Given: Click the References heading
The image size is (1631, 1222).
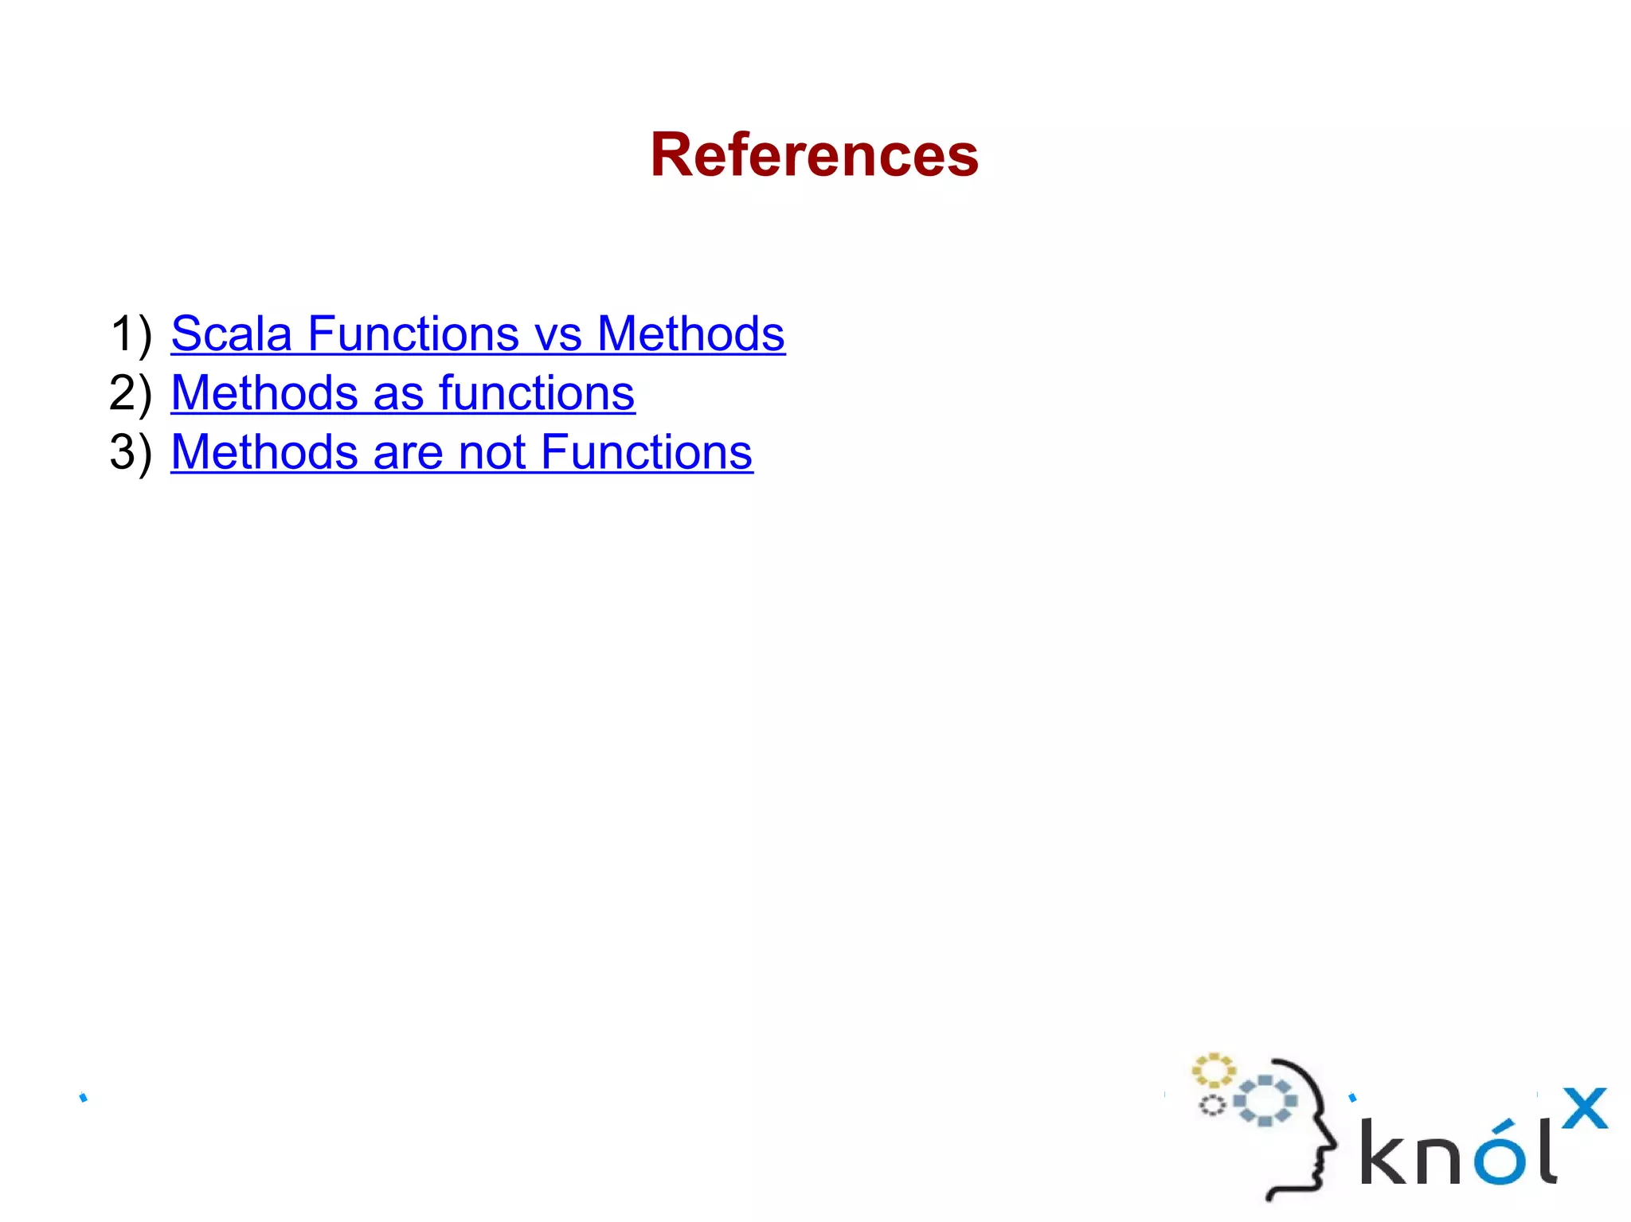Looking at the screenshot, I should (x=814, y=154).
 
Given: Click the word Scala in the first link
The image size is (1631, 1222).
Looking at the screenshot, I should (x=231, y=334).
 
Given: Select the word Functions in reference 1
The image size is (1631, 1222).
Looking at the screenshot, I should (x=413, y=334).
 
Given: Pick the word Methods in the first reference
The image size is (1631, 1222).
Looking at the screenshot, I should (x=690, y=334).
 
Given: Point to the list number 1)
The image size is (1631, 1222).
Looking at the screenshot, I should (x=131, y=334).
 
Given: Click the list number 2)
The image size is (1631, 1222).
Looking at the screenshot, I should (x=131, y=393).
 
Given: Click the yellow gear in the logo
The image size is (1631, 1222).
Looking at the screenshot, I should (x=1212, y=1071).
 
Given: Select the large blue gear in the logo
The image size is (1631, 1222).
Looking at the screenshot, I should (x=1265, y=1101).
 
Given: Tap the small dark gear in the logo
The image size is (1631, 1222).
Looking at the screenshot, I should (x=1212, y=1105).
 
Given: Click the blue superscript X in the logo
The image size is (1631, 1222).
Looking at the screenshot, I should (x=1584, y=1108).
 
